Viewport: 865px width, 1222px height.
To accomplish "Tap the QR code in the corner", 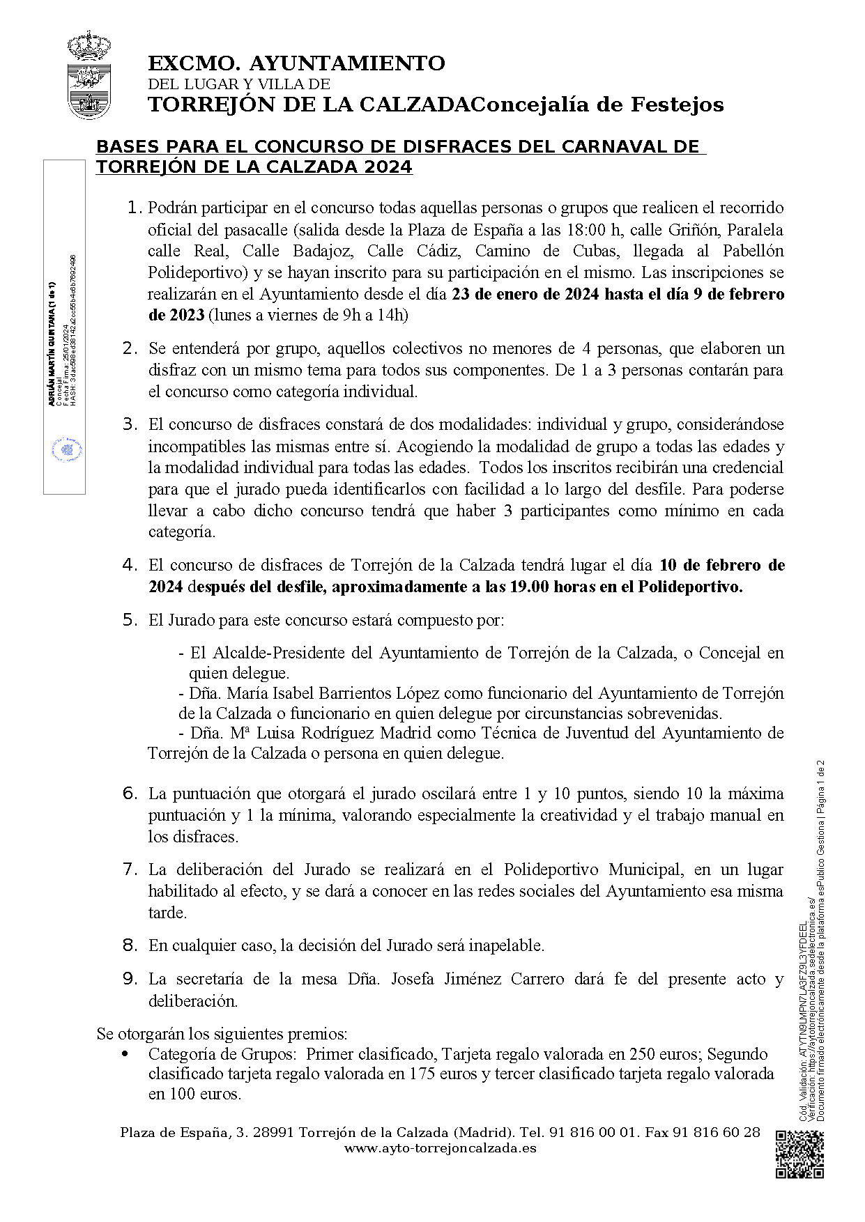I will pyautogui.click(x=799, y=1154).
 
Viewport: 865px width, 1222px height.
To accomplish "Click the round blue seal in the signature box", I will pyautogui.click(x=67, y=450).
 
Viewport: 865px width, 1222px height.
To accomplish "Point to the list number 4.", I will pyautogui.click(x=130, y=564).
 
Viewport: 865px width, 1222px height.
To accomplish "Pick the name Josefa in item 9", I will pyautogui.click(x=416, y=979).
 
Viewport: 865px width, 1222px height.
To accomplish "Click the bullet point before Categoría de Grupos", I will pyautogui.click(x=125, y=1054).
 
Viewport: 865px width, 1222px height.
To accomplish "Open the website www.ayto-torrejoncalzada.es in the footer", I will pyautogui.click(x=440, y=1148).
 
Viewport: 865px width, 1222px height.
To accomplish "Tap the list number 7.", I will pyautogui.click(x=130, y=869).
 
